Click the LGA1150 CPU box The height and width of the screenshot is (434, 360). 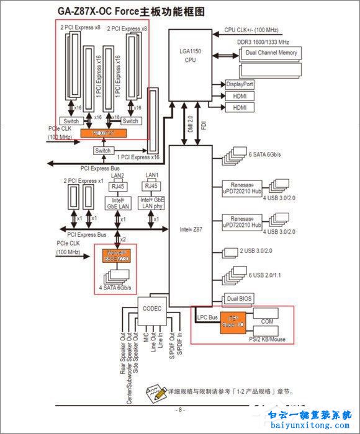190,55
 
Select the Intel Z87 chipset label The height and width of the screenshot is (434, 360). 190,229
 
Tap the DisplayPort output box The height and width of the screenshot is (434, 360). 240,84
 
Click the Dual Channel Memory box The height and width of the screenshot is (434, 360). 271,53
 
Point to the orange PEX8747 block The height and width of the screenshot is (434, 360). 103,133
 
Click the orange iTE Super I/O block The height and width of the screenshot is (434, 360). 229,322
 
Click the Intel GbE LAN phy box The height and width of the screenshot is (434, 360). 151,203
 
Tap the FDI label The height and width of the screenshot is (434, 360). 204,124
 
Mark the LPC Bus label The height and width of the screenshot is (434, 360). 207,317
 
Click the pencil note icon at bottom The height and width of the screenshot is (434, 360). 155,392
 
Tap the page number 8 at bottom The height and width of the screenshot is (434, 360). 179,410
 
